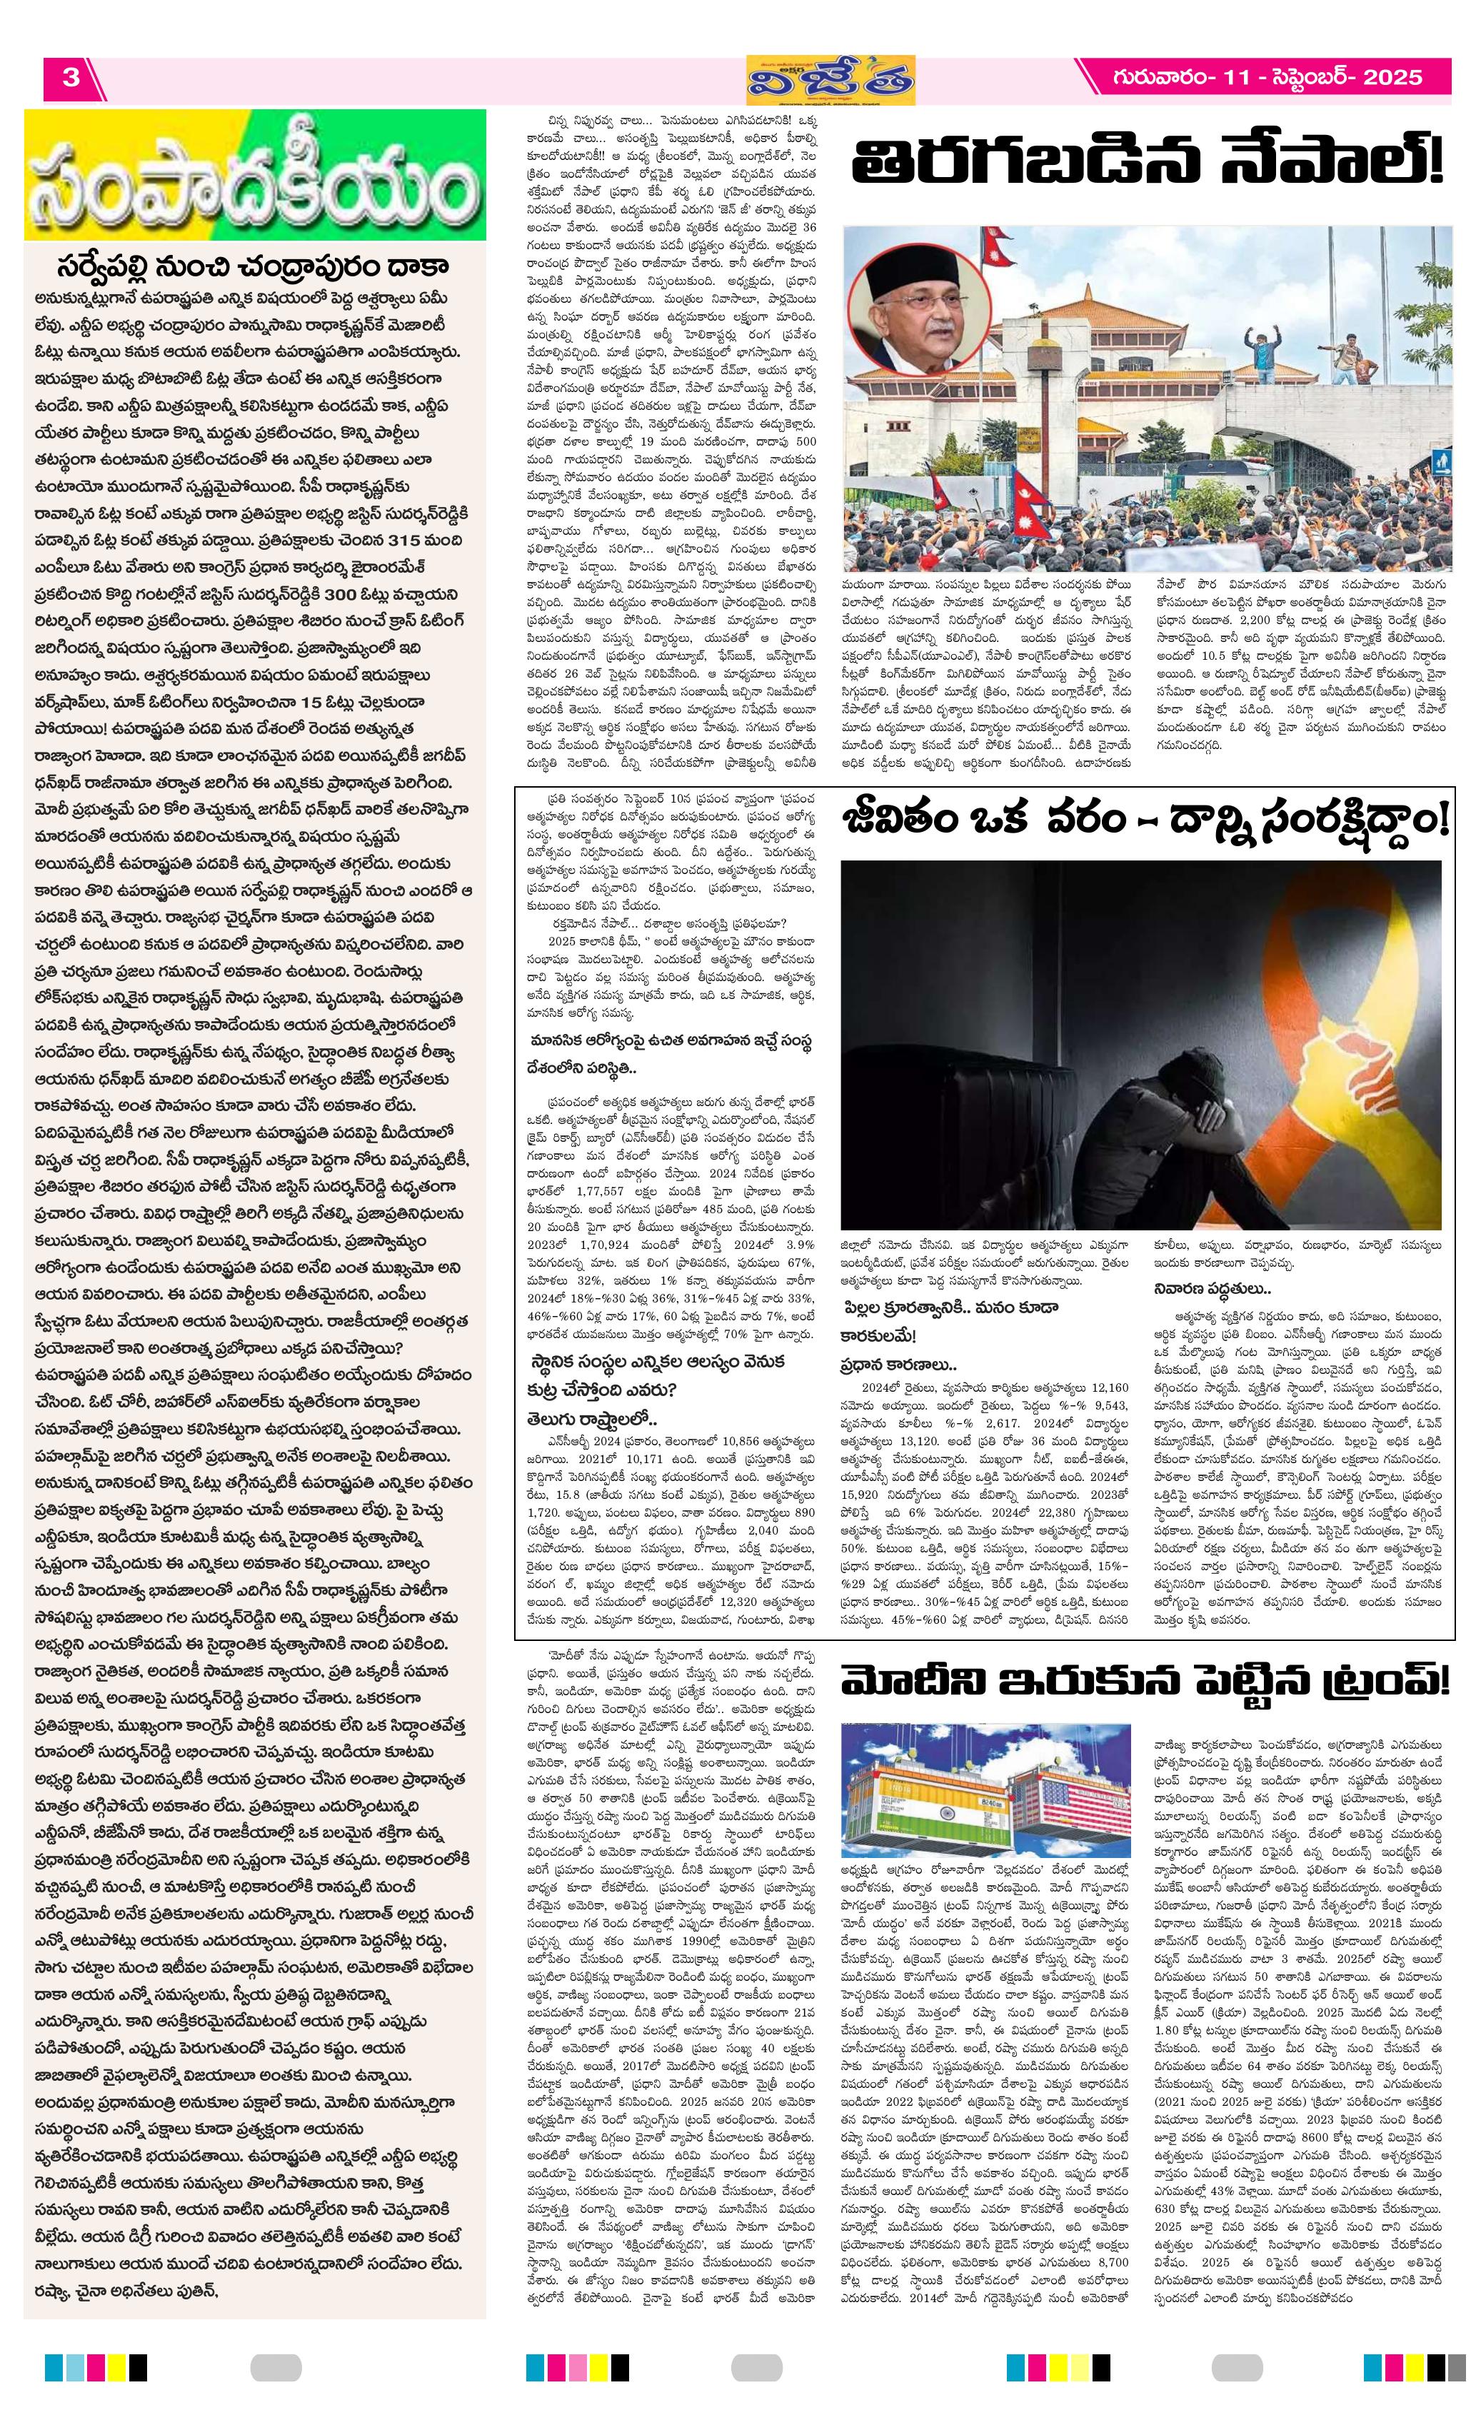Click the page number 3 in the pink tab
[x=71, y=78]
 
